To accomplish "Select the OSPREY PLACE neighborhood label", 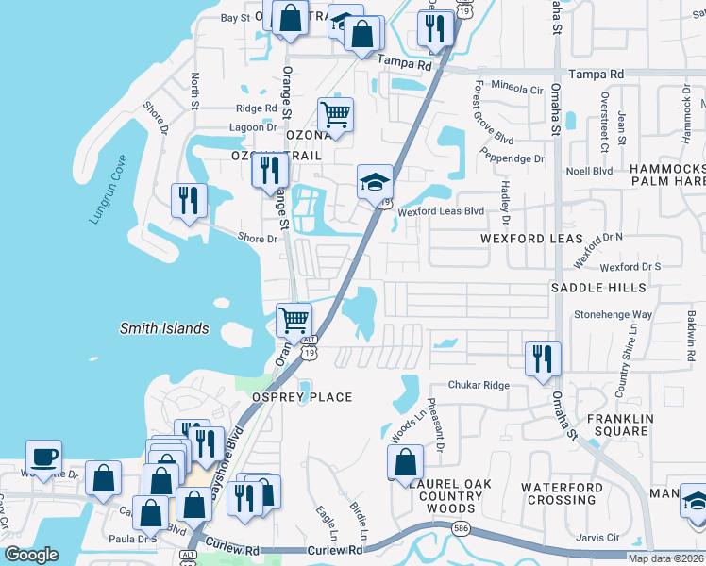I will coord(301,397).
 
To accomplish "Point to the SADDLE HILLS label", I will coord(598,287).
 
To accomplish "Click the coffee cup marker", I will coord(43,458).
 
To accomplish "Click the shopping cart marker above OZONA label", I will coord(335,115).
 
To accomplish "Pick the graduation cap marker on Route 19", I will coord(374,181).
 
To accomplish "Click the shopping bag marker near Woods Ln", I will coord(405,462).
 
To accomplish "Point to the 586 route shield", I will coord(461,530).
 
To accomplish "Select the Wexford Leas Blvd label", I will coord(440,212).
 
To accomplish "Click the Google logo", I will coord(32,555).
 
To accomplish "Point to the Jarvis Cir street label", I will coord(597,537).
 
